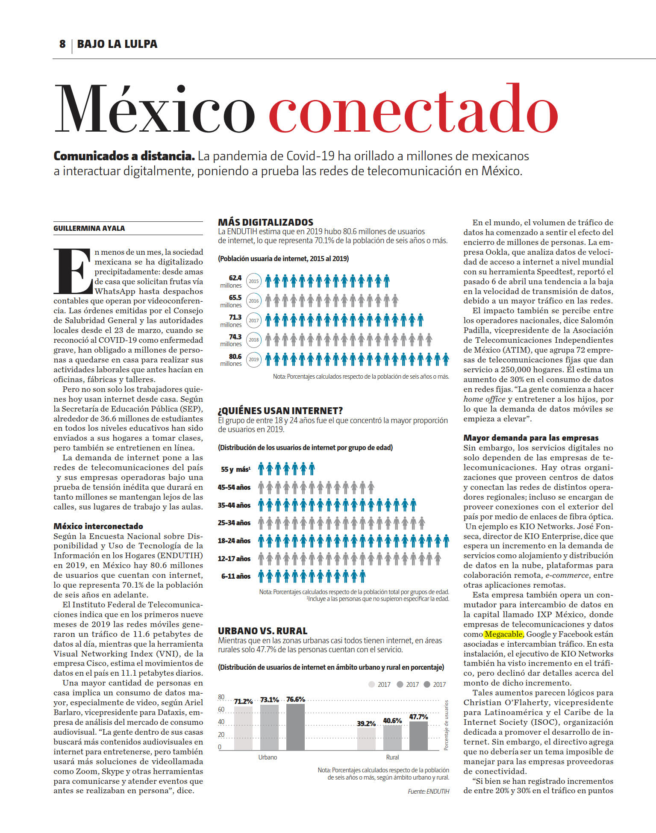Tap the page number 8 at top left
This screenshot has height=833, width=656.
62,44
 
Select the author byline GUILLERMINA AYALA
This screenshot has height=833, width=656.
89,228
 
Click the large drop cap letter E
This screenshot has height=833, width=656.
73,271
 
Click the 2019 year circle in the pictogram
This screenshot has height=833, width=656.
254,359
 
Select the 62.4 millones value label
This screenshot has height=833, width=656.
231,281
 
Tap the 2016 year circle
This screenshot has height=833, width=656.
254,301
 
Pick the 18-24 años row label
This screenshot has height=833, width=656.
234,541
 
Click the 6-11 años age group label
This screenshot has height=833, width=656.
235,576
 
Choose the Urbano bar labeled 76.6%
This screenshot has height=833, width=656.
295,727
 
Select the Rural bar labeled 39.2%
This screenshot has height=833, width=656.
366,739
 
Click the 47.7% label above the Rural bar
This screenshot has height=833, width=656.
418,717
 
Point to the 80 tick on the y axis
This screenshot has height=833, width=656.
221,697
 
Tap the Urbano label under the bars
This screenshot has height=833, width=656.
268,757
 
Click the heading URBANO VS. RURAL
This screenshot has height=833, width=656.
262,631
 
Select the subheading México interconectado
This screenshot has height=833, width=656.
98,526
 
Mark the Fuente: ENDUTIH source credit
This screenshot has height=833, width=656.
428,792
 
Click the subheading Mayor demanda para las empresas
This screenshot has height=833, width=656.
531,438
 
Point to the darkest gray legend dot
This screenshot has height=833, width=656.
427,684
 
